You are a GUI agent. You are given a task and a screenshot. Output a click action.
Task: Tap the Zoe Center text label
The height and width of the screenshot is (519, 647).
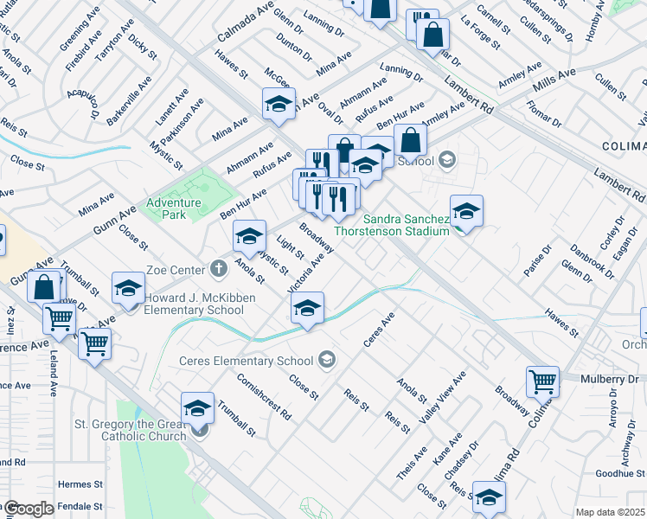click(x=176, y=268)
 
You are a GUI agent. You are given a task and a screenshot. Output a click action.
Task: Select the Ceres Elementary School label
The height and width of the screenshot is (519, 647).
click(x=247, y=361)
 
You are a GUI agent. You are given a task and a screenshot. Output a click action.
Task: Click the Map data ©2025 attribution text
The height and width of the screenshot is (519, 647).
click(x=610, y=512)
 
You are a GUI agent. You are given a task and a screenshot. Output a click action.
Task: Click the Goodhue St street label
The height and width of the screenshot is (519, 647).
click(x=620, y=473)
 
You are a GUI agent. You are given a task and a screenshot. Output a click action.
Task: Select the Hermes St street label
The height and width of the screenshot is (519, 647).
click(x=80, y=485)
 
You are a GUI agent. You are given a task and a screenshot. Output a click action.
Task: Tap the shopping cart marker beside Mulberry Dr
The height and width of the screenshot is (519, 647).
click(x=542, y=380)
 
